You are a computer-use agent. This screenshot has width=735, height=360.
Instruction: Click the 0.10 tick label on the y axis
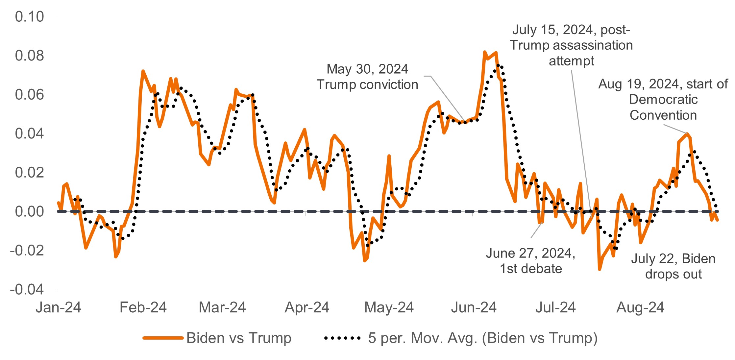pos(29,17)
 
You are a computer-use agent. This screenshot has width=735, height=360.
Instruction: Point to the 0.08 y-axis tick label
pos(29,56)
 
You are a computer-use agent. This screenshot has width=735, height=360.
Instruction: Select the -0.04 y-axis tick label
pos(27,289)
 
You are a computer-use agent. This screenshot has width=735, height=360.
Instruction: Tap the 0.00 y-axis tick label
pos(29,211)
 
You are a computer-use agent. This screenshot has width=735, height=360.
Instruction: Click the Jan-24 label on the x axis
pos(58,307)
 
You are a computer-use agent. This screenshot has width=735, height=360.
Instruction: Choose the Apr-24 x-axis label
pos(307,307)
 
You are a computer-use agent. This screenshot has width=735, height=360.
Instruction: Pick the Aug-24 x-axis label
pos(640,307)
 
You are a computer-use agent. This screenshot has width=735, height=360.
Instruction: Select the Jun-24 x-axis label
pos(474,307)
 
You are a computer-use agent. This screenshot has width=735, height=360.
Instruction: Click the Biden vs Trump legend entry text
pos(239,338)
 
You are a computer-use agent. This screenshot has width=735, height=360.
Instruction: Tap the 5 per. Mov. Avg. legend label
pos(482,338)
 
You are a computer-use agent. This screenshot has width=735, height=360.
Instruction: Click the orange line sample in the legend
pos(163,338)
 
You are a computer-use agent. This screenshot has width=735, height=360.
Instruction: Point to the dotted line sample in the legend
pos(342,338)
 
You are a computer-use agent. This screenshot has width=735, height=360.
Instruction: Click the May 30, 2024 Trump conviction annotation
pos(367,77)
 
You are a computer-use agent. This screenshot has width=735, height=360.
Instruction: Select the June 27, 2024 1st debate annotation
pos(530,261)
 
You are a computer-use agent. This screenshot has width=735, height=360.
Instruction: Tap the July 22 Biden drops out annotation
pos(673,266)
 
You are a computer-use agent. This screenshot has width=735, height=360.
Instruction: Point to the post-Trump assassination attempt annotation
pos(571,45)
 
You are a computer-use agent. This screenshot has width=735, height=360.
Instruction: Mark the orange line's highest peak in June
pos(485,52)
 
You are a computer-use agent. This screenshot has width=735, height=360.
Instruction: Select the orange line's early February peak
pos(143,71)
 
